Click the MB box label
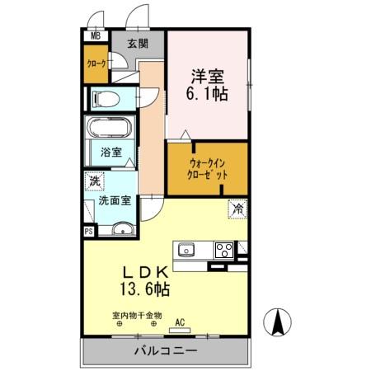95,36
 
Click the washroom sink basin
120,230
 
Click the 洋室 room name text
207,74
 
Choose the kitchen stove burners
223,248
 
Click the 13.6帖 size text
147,289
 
